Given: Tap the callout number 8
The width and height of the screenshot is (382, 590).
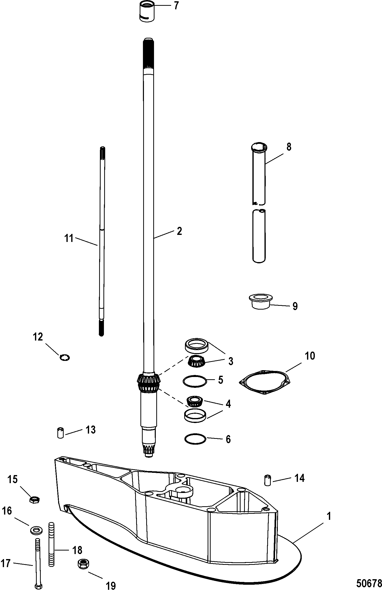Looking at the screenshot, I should pyautogui.click(x=289, y=147).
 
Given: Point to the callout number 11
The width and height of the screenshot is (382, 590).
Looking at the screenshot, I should pyautogui.click(x=69, y=238).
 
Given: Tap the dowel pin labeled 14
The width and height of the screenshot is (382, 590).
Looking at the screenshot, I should pyautogui.click(x=268, y=480).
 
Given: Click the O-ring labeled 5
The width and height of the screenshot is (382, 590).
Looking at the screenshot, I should pyautogui.click(x=195, y=381).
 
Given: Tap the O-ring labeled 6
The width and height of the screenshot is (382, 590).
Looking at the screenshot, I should pyautogui.click(x=195, y=439).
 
